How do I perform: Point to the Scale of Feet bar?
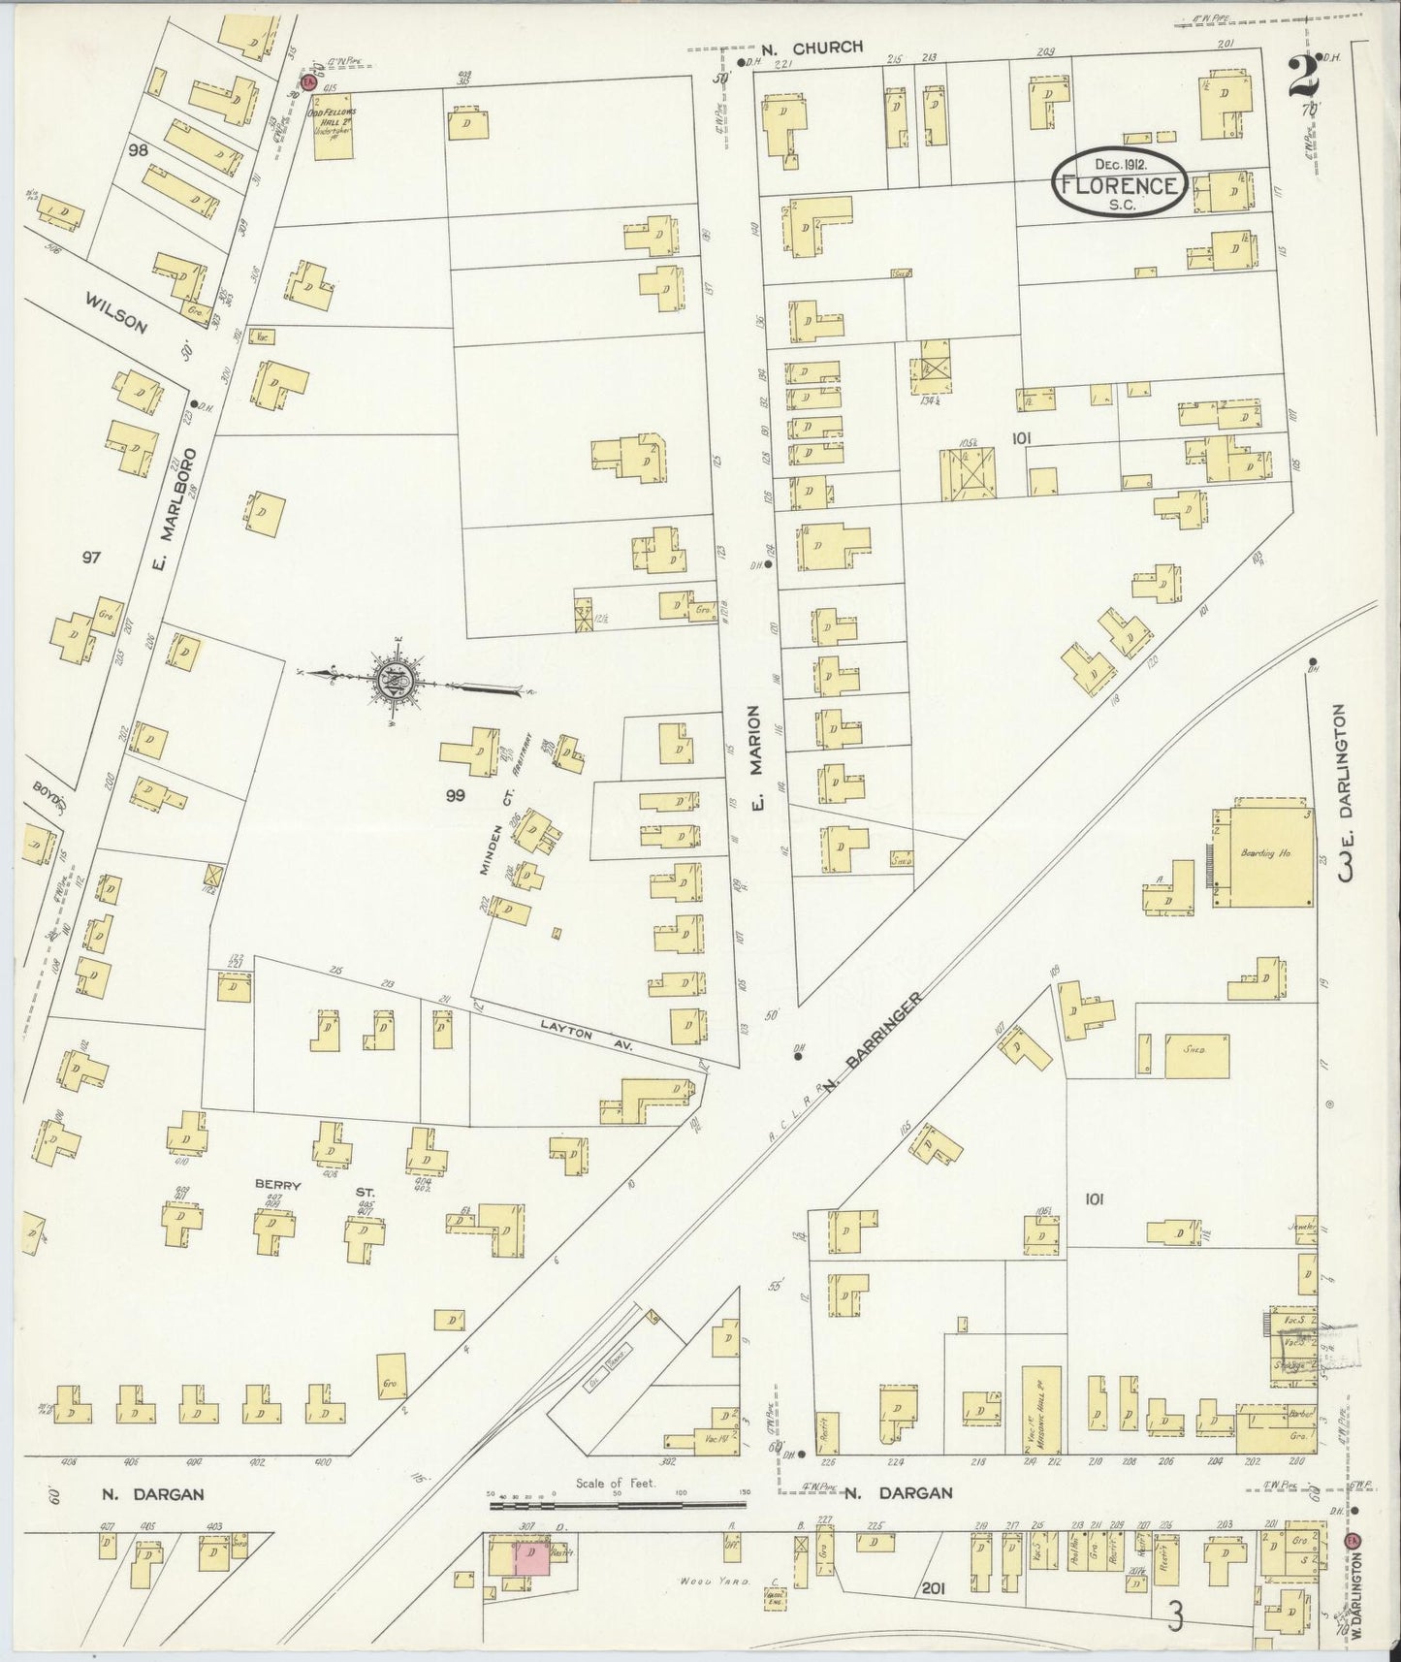point(618,1533)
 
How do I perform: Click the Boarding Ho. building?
point(1263,854)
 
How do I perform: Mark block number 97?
point(92,558)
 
